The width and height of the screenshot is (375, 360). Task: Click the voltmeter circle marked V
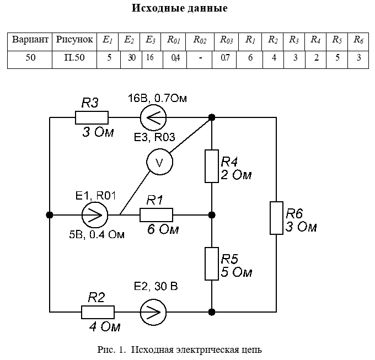159,162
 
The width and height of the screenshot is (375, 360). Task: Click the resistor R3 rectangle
92,118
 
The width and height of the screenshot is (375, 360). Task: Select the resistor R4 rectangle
212,166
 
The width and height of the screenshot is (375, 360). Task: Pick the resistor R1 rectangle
156,214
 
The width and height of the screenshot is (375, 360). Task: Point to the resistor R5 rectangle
212,264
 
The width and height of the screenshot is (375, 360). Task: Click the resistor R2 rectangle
98,312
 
